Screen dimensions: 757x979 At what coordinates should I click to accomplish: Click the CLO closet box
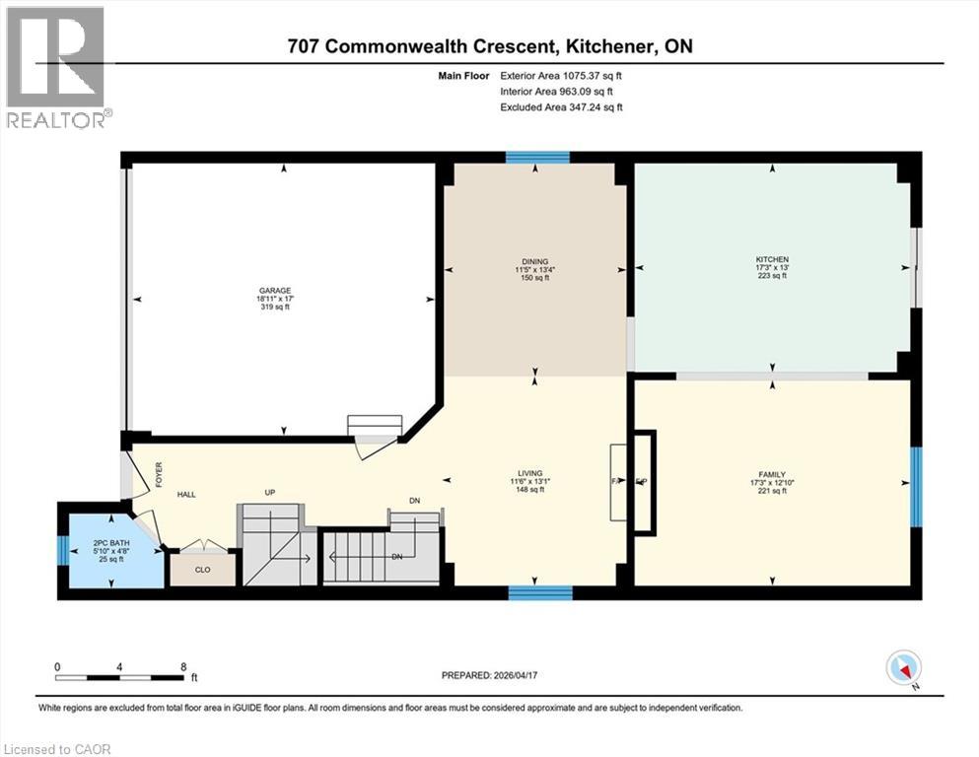pos(203,570)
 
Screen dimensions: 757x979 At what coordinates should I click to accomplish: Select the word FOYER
pos(158,475)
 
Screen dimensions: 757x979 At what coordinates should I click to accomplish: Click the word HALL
pos(188,494)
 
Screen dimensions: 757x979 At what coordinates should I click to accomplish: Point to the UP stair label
pos(269,492)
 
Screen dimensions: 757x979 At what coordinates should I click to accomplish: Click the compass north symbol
pos(903,669)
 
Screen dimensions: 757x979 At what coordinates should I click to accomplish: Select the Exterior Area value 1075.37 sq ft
pos(585,74)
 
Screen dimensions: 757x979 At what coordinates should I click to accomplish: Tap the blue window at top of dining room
pos(538,157)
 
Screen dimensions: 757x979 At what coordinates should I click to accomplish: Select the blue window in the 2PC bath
pos(63,550)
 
